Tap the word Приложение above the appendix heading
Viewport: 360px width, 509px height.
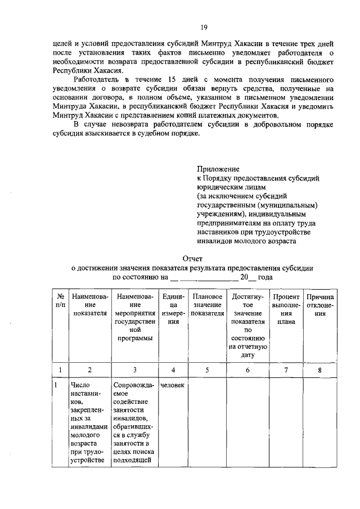coord(218,169)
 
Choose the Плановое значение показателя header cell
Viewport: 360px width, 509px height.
coord(207,305)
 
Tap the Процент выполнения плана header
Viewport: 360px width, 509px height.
coord(286,309)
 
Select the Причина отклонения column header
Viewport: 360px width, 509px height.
coord(320,305)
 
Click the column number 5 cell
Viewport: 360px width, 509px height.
coord(207,370)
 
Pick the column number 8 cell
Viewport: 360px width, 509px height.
coord(320,370)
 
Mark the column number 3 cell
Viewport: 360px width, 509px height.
coord(134,370)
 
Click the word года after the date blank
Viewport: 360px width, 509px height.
coord(264,278)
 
